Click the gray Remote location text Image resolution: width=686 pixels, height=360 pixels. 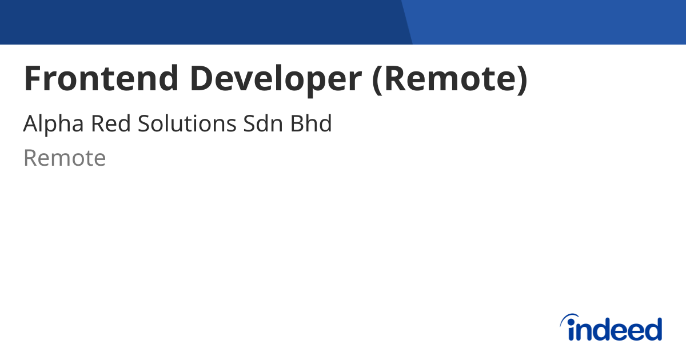65,158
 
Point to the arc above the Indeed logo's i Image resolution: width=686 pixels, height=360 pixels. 570,318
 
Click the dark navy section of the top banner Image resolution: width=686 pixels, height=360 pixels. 200,22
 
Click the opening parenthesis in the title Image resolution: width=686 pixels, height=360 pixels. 377,79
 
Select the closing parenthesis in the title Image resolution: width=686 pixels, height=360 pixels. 521,79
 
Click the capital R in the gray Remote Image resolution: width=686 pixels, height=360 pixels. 30,158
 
